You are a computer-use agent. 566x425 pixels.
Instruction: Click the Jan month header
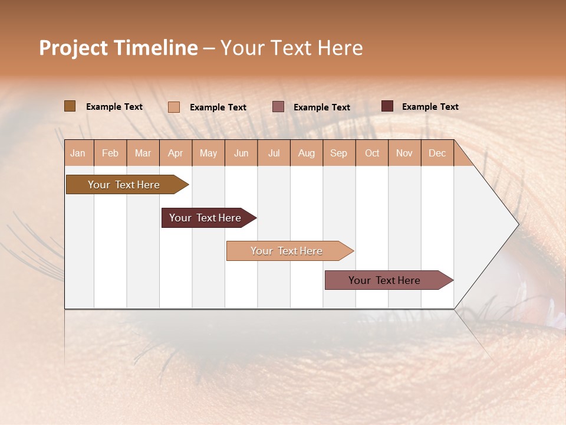point(78,153)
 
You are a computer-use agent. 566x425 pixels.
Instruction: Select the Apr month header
point(175,153)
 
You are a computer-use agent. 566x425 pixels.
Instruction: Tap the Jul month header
point(274,153)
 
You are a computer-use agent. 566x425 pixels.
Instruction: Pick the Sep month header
point(338,153)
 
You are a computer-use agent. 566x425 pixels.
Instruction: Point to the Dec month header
point(437,153)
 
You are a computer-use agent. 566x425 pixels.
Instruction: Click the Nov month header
point(404,153)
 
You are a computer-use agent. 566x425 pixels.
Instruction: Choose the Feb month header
point(110,153)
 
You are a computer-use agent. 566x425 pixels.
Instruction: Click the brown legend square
point(70,106)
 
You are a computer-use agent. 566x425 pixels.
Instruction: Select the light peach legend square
point(173,107)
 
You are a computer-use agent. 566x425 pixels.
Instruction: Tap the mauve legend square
point(278,107)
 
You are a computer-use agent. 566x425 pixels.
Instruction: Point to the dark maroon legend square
point(387,106)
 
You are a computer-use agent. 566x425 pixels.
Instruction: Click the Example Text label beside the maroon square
point(430,107)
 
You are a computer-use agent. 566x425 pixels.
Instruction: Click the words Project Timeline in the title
point(118,48)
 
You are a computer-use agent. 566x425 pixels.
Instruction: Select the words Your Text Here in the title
point(291,48)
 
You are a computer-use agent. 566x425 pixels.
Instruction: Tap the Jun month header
point(241,153)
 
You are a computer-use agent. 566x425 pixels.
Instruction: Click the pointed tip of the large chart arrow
point(517,224)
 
